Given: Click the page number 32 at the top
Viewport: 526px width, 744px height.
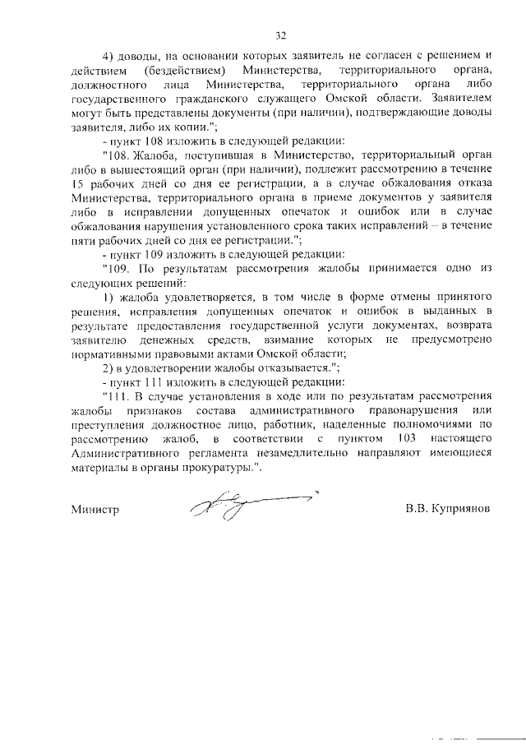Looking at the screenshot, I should (x=280, y=35).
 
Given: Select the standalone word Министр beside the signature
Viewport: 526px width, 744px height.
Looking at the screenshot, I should (x=95, y=510).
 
